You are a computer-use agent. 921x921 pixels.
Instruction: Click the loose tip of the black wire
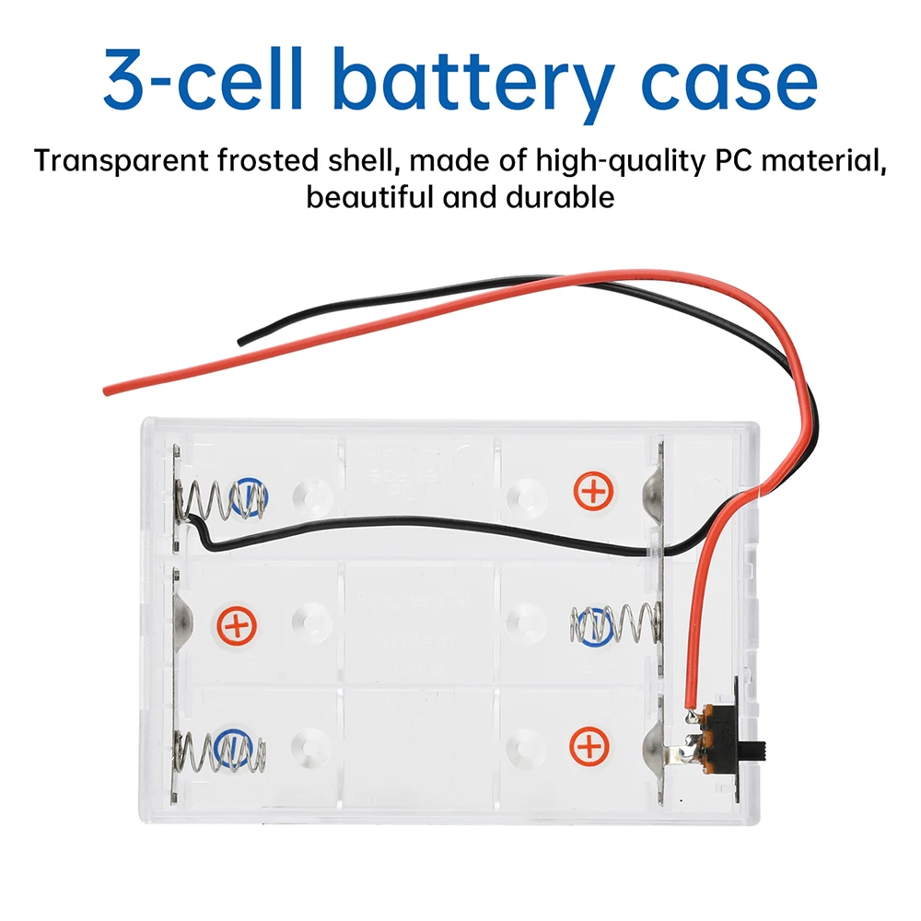click(241, 342)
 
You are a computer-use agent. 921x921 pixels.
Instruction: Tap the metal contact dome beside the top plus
click(653, 491)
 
